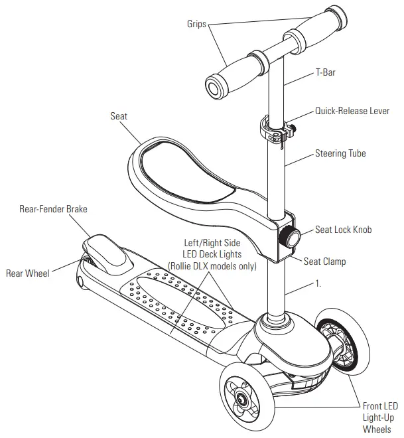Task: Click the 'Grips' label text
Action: click(x=196, y=24)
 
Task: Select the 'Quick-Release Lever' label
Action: click(x=352, y=111)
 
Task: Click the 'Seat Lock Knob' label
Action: click(x=343, y=230)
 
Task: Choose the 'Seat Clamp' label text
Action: click(x=325, y=261)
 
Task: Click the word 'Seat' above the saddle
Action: click(x=119, y=116)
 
